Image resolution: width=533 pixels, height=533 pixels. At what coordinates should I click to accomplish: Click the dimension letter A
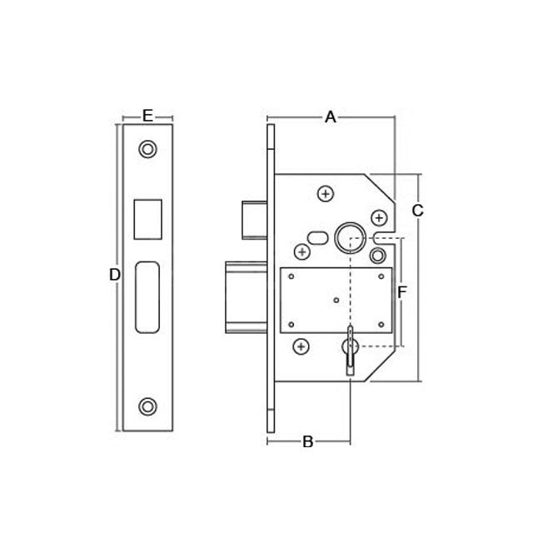(330, 117)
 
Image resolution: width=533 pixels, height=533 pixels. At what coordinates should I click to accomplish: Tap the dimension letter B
(307, 441)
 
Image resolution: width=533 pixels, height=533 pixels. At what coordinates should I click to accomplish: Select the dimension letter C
(418, 211)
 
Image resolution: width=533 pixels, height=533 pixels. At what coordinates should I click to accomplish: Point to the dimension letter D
(115, 275)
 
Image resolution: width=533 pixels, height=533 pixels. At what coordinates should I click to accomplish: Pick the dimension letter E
(147, 116)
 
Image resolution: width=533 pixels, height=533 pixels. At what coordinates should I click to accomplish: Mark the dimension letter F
(402, 292)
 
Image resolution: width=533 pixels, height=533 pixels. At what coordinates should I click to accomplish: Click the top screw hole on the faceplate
(147, 150)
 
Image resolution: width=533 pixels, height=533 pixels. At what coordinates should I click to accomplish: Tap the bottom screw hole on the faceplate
(147, 406)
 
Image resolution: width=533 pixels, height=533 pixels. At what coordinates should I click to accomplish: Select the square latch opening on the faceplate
(147, 219)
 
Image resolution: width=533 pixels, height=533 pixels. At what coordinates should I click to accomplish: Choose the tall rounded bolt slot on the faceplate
(147, 296)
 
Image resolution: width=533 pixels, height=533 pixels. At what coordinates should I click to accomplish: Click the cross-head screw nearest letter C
(379, 218)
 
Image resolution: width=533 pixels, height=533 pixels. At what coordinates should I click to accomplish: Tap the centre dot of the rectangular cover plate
(336, 300)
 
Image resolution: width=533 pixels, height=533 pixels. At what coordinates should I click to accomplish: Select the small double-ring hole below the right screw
(377, 255)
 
